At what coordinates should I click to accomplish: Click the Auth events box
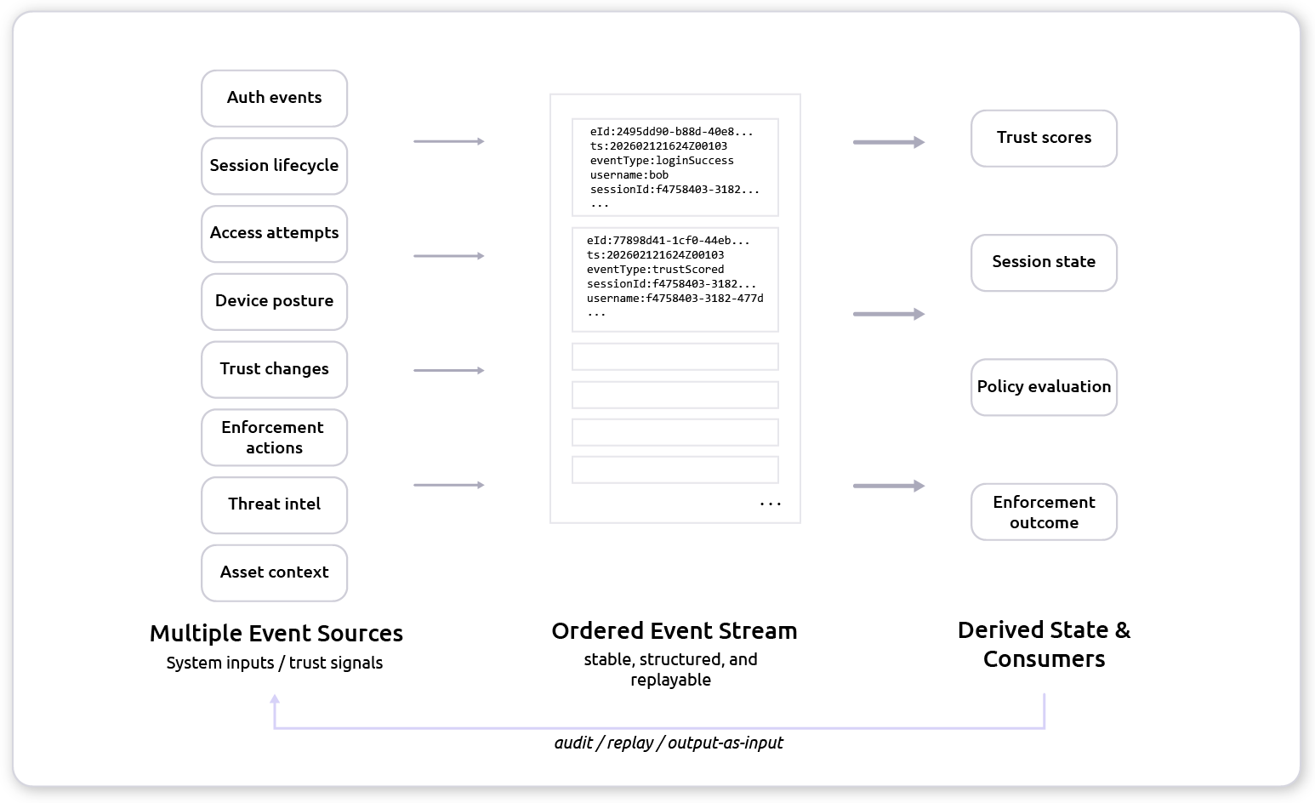coord(274,98)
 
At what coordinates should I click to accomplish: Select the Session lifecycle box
coord(274,166)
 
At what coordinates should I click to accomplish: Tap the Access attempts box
coord(274,233)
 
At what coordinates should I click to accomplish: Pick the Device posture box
coord(274,301)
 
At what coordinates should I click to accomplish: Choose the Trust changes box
coord(274,369)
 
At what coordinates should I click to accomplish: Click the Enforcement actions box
coord(274,437)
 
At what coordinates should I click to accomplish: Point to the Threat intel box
coord(274,504)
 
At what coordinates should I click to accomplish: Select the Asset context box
coord(274,572)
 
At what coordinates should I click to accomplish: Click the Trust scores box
coord(1044,138)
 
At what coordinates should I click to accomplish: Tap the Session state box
coord(1044,262)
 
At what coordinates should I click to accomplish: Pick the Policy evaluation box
coord(1044,387)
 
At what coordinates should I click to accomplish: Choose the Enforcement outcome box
coord(1044,512)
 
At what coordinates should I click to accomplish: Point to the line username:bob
coord(629,175)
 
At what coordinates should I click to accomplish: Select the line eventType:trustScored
coord(655,270)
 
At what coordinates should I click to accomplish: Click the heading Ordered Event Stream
coord(675,631)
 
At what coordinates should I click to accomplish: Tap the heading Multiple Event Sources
coord(276,634)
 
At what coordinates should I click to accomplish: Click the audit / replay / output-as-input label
coord(669,743)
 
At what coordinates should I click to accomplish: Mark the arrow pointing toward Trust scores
coord(888,143)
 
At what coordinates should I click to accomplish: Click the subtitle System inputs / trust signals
coord(274,663)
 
